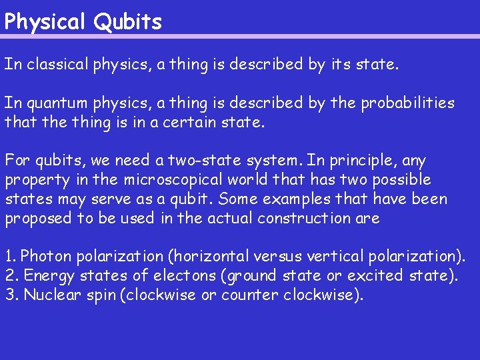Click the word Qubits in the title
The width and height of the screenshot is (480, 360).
point(127,22)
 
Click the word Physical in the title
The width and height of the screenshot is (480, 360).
point(45,22)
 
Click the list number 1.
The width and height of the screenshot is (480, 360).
point(9,257)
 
